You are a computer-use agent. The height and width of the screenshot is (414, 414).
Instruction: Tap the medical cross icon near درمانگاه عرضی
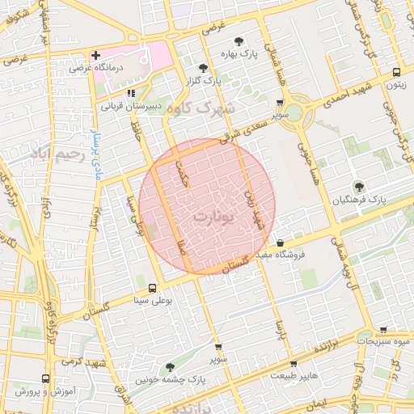pyautogui.click(x=95, y=56)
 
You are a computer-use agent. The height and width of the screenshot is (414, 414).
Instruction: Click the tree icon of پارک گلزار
pyautogui.click(x=202, y=68)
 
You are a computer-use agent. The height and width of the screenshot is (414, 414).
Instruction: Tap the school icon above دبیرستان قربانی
pyautogui.click(x=131, y=93)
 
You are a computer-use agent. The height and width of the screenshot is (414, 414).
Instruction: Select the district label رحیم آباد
pyautogui.click(x=56, y=152)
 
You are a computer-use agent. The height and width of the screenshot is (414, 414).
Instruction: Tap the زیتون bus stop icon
pyautogui.click(x=395, y=71)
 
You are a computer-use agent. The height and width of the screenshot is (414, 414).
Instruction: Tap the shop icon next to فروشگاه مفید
pyautogui.click(x=280, y=243)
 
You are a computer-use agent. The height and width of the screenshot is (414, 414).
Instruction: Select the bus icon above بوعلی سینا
pyautogui.click(x=152, y=289)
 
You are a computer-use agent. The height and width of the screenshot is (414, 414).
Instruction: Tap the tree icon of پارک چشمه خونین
pyautogui.click(x=169, y=366)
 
